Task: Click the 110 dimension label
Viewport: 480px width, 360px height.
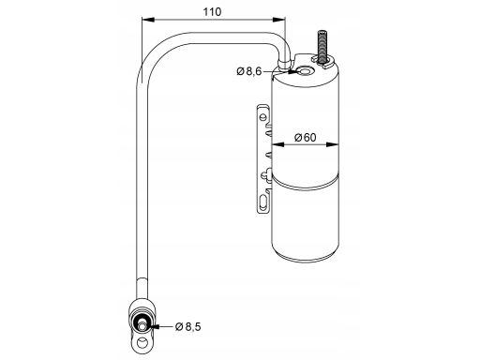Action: click(x=212, y=12)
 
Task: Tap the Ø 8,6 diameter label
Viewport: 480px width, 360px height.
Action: click(x=249, y=71)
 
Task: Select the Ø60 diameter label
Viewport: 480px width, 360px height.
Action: click(x=306, y=137)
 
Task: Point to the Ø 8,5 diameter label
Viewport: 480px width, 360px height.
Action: click(x=188, y=326)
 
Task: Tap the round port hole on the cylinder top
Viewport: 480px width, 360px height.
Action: click(x=305, y=71)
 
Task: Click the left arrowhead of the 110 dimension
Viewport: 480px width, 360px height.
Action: click(x=148, y=20)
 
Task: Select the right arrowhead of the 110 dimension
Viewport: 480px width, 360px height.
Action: click(x=279, y=20)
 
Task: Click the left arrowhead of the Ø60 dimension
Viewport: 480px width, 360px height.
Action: click(x=277, y=144)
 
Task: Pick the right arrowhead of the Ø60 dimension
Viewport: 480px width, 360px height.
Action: click(x=333, y=144)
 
